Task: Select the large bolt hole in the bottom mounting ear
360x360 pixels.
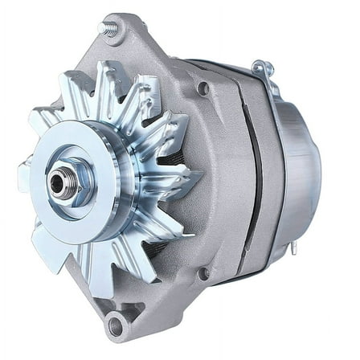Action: point(116,325)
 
